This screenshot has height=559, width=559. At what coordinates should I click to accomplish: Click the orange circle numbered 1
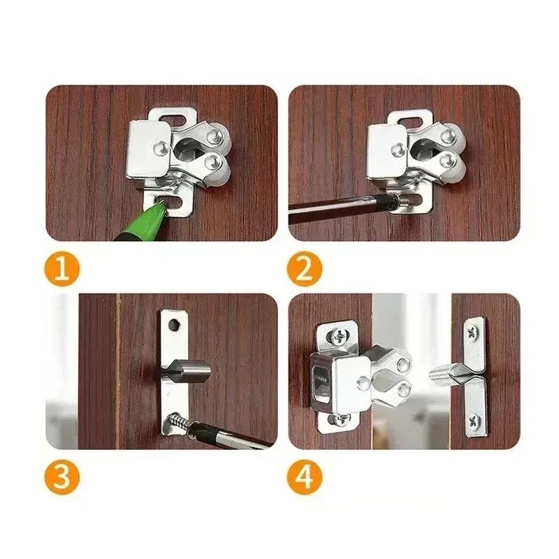[63, 269]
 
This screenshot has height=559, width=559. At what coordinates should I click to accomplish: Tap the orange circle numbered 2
[305, 269]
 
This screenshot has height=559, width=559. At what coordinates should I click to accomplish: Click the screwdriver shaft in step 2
[328, 208]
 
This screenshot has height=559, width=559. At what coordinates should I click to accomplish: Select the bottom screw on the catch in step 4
[339, 419]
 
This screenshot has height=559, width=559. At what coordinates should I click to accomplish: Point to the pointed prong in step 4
[442, 374]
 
